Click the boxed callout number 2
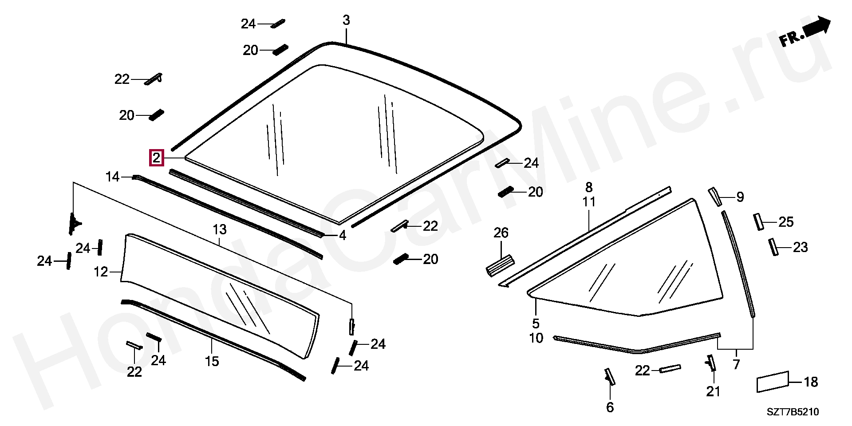coord(156,158)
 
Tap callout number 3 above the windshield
coord(346,20)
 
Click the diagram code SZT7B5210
coord(793,412)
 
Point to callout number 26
coord(501,233)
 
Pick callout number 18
coord(811,382)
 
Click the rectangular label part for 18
coord(773,382)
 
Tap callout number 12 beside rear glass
coord(101,272)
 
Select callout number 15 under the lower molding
coord(212,361)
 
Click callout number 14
coord(113,177)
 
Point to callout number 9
coord(740,197)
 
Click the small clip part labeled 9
coord(714,196)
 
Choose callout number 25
coord(786,222)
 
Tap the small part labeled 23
coord(773,247)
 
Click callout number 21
coord(713,391)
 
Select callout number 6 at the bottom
coord(610,407)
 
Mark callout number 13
coord(220,230)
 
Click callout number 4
coord(342,236)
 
